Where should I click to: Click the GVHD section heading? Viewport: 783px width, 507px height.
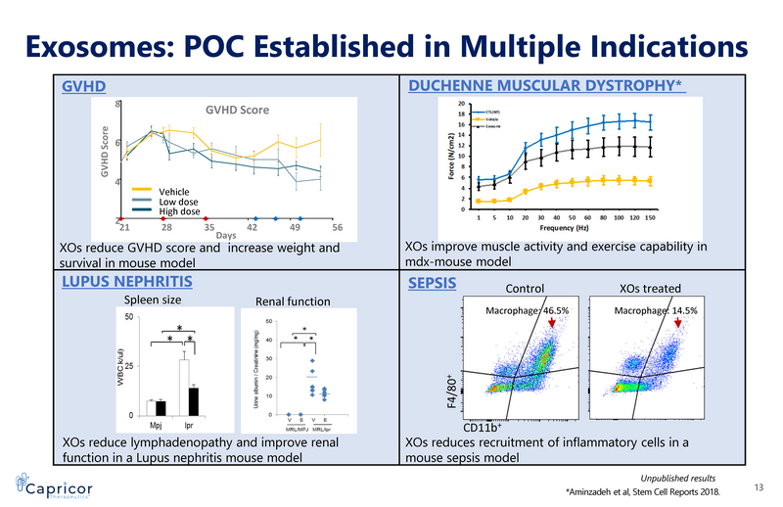tap(83, 86)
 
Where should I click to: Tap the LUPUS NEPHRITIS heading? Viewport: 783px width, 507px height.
tap(126, 282)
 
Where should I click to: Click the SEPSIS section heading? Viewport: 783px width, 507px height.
tap(432, 285)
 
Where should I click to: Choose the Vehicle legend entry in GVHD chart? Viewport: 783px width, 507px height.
tap(166, 192)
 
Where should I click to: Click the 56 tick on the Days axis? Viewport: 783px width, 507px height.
tap(336, 225)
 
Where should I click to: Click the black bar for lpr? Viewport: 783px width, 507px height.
tap(194, 401)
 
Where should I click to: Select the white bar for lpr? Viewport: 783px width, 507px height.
tap(181, 388)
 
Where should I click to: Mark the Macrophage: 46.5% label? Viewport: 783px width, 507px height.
tap(528, 311)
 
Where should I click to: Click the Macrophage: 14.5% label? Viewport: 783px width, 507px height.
tap(655, 311)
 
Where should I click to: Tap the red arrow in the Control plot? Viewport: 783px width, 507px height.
tap(552, 336)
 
